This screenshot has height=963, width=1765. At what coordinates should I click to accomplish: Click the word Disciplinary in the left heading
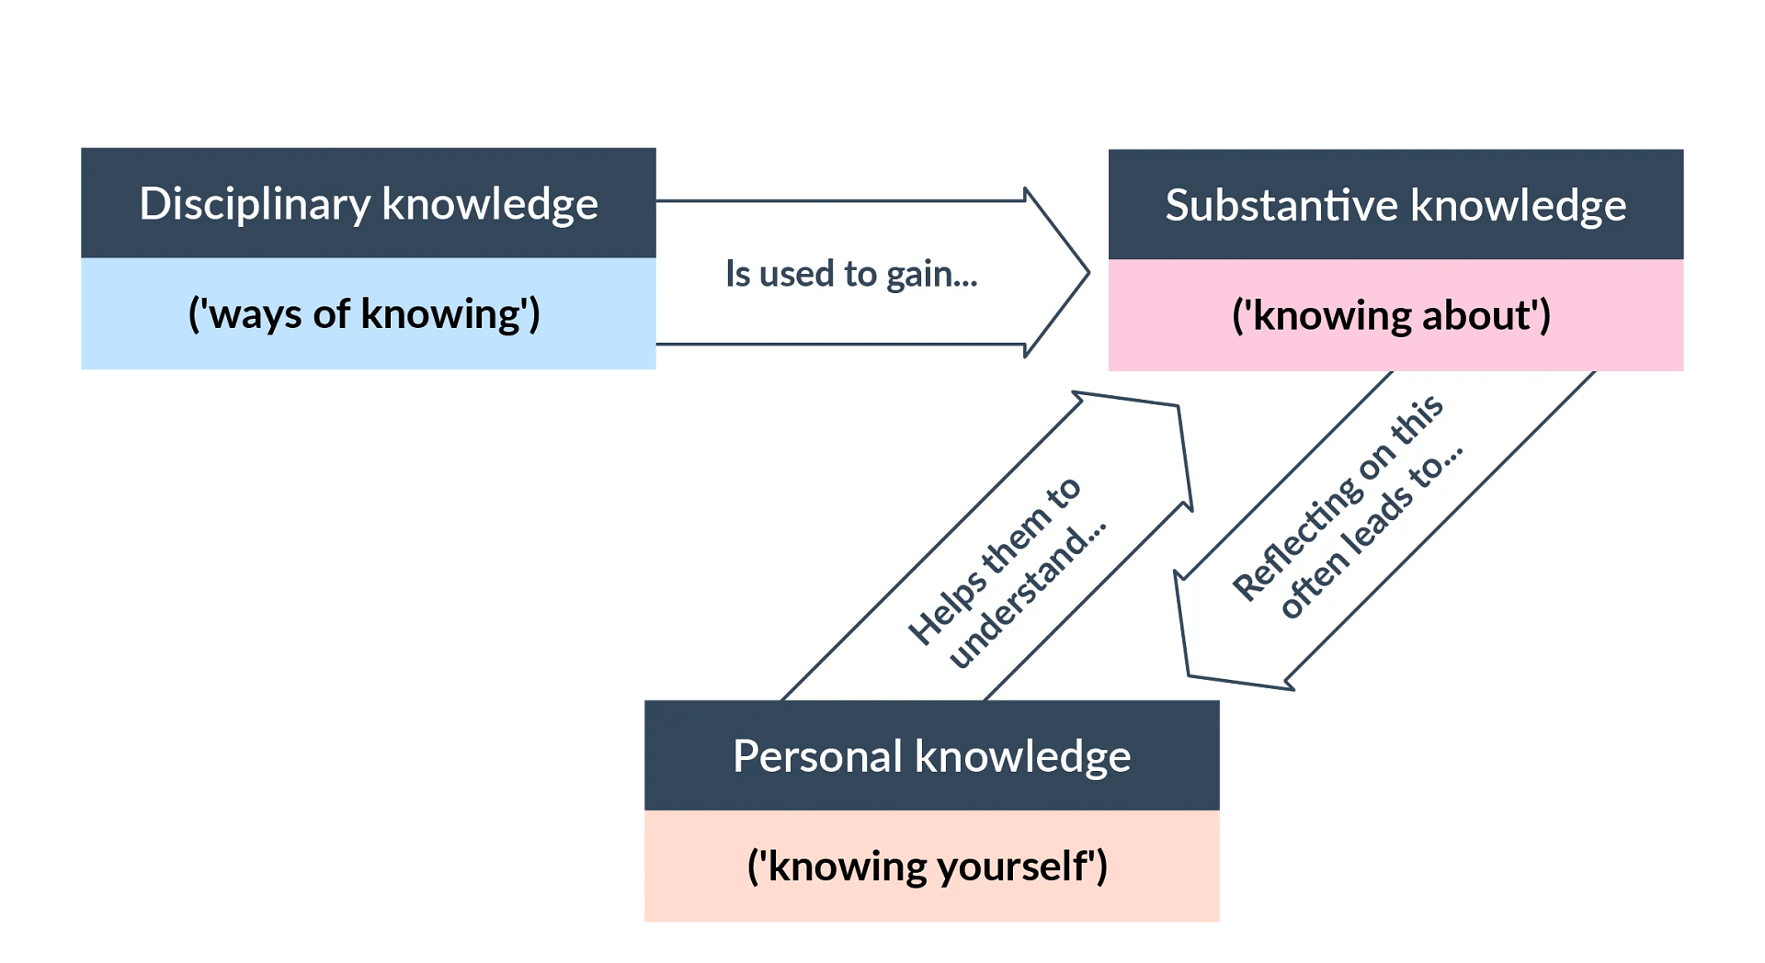tap(255, 204)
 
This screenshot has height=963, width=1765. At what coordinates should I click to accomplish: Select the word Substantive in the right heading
tap(1281, 205)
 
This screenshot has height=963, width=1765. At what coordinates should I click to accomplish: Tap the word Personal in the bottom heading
tap(817, 756)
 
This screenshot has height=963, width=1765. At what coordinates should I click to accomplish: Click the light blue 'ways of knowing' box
tap(368, 314)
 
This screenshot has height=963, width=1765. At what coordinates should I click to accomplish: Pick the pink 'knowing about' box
tap(1395, 315)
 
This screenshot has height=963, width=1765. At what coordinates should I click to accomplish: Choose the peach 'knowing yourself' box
tap(931, 866)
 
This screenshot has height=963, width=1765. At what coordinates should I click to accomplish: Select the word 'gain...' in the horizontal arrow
tap(931, 275)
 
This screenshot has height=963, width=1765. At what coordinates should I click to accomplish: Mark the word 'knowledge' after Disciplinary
tap(489, 204)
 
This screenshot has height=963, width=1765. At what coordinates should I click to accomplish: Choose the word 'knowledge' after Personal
tap(1023, 756)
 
